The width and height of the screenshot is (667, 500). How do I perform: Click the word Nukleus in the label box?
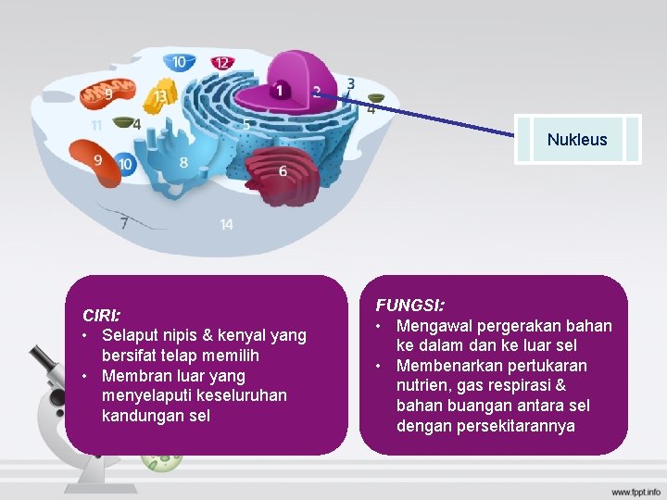[x=577, y=140]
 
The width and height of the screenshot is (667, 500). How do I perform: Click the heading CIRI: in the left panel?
[x=101, y=315]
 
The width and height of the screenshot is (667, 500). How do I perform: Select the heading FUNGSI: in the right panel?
[x=409, y=305]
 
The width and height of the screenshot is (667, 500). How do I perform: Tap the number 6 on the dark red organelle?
[x=283, y=171]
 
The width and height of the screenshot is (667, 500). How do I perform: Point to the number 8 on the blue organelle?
[x=183, y=163]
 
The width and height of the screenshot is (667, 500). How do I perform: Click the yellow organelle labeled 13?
[x=161, y=96]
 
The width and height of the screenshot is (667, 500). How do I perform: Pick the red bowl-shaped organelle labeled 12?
[x=221, y=63]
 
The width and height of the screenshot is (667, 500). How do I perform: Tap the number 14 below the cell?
[x=227, y=224]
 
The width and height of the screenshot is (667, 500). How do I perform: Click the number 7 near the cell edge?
[x=124, y=222]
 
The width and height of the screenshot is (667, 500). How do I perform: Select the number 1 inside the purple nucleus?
[x=279, y=91]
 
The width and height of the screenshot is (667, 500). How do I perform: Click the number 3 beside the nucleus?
[x=351, y=84]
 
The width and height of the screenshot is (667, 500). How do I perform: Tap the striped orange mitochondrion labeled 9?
[x=107, y=94]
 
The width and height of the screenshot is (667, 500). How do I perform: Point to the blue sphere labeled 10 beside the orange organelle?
[x=125, y=164]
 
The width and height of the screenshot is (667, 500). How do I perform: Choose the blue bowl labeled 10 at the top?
[x=179, y=62]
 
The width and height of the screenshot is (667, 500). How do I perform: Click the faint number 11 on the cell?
[x=96, y=125]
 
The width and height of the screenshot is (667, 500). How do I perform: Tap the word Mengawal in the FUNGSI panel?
[x=434, y=325]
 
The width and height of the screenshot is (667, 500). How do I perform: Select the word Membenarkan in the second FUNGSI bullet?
[x=445, y=366]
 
